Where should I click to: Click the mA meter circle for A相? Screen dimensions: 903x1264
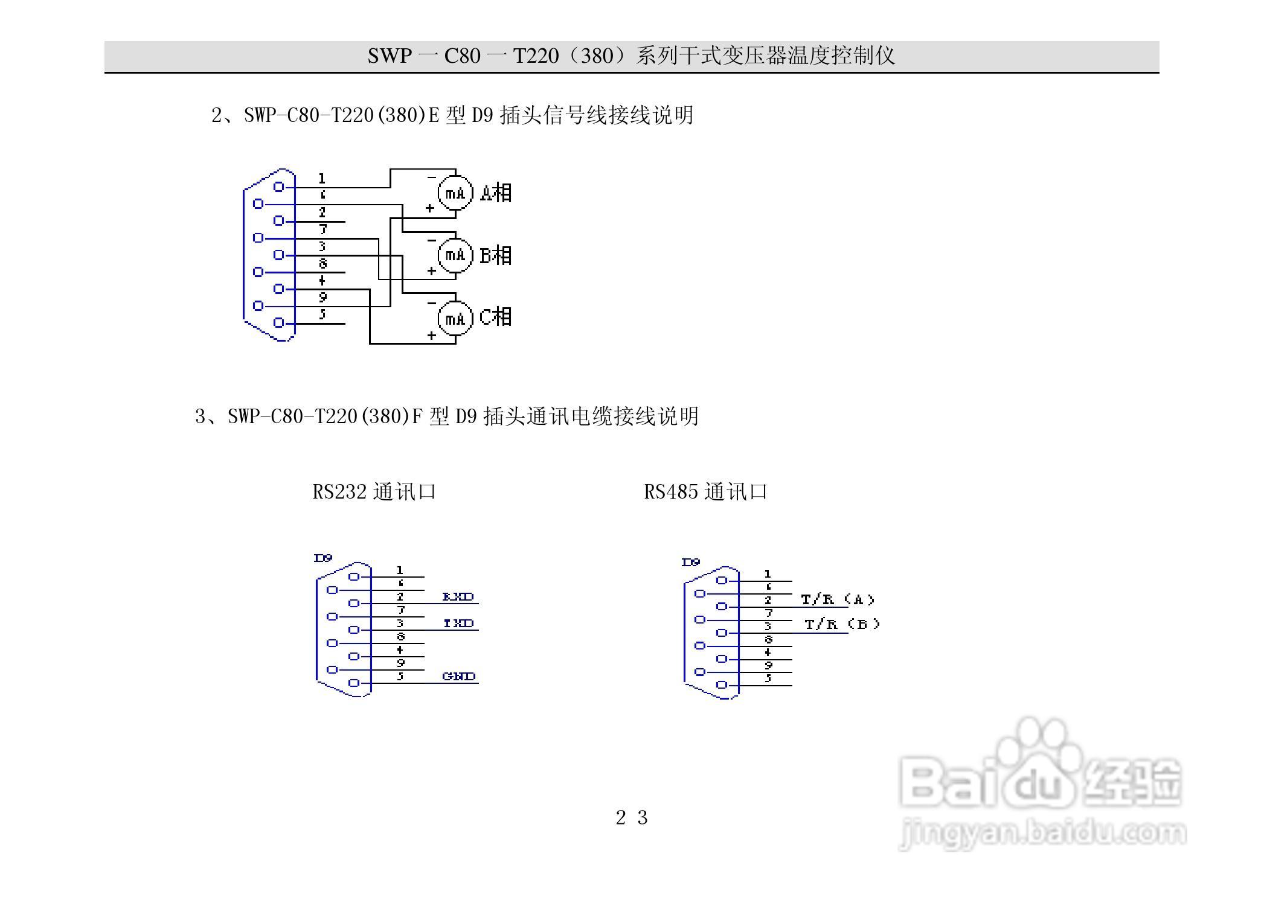pyautogui.click(x=455, y=193)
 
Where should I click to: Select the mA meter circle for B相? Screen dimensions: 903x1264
pyautogui.click(x=455, y=255)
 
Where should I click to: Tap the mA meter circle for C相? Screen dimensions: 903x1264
pyautogui.click(x=455, y=318)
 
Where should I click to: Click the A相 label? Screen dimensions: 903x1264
pyautogui.click(x=496, y=193)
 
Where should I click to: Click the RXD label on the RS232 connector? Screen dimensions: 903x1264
pyautogui.click(x=458, y=597)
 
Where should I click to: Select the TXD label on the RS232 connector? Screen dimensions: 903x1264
pyautogui.click(x=458, y=624)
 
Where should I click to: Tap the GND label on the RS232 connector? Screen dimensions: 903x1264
pyautogui.click(x=459, y=677)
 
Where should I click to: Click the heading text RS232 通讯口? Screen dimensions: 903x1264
pyautogui.click(x=374, y=492)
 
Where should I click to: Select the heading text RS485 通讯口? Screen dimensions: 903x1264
pyautogui.click(x=705, y=492)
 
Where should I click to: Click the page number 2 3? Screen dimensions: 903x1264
pyautogui.click(x=632, y=818)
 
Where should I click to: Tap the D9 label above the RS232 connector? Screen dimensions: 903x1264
pyautogui.click(x=323, y=558)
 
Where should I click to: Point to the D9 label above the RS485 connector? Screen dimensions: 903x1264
pyautogui.click(x=691, y=563)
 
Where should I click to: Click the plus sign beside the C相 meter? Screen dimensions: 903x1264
pyautogui.click(x=431, y=335)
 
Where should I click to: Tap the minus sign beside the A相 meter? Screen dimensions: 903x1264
pyautogui.click(x=431, y=177)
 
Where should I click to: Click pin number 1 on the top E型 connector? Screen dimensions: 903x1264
pyautogui.click(x=322, y=179)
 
